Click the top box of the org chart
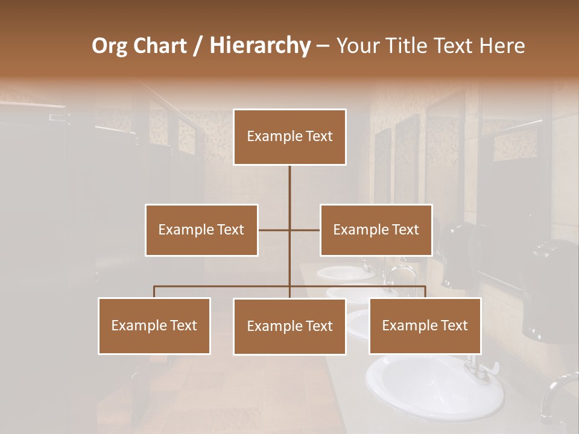click(x=289, y=137)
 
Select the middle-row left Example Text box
click(x=201, y=230)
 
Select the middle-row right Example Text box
click(x=376, y=230)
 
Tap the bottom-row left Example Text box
click(x=154, y=325)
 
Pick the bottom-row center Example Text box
click(x=289, y=326)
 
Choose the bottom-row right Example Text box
click(x=425, y=325)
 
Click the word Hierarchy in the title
click(x=259, y=46)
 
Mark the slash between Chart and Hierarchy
click(x=198, y=46)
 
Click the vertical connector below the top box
click(x=289, y=187)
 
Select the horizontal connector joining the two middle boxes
click(x=289, y=230)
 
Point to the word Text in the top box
click(x=319, y=137)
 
